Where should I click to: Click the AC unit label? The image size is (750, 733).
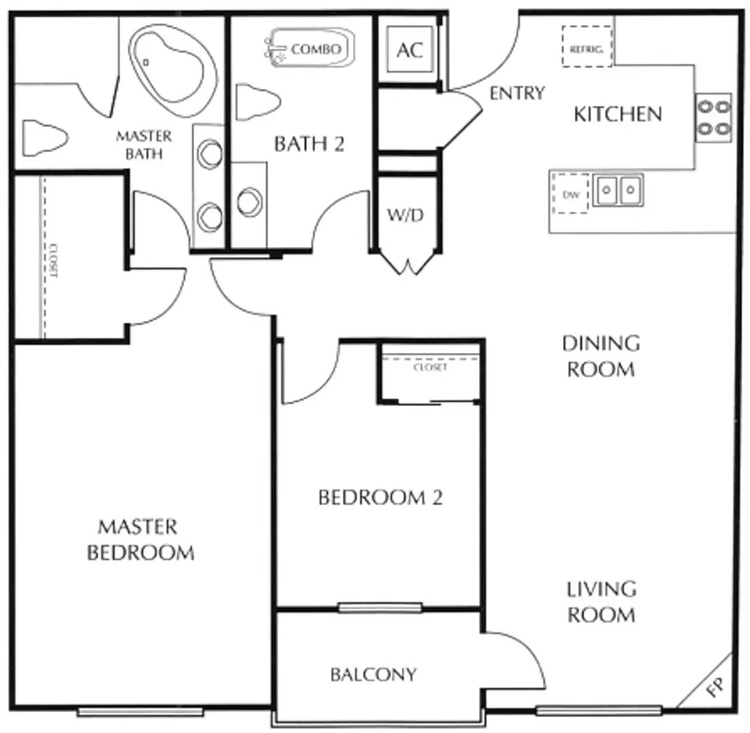pyautogui.click(x=411, y=50)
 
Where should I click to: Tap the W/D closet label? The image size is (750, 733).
pyautogui.click(x=405, y=215)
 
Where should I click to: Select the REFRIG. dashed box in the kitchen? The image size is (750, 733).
pyautogui.click(x=587, y=46)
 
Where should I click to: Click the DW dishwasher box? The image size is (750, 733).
pyautogui.click(x=570, y=193)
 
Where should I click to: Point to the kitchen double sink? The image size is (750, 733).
pyautogui.click(x=618, y=190)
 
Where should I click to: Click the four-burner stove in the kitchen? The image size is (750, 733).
pyautogui.click(x=713, y=117)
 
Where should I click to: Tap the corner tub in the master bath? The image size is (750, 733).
pyautogui.click(x=173, y=69)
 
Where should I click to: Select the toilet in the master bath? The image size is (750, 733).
pyautogui.click(x=45, y=138)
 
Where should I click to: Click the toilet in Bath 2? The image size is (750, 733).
pyautogui.click(x=258, y=102)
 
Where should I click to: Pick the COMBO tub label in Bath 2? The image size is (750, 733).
pyautogui.click(x=316, y=49)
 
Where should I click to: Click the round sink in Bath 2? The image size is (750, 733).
pyautogui.click(x=250, y=202)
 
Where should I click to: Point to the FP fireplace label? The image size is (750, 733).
pyautogui.click(x=715, y=687)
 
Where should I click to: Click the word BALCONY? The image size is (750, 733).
pyautogui.click(x=373, y=674)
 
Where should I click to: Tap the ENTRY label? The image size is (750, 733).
pyautogui.click(x=517, y=93)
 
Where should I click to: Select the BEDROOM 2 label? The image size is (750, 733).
pyautogui.click(x=380, y=497)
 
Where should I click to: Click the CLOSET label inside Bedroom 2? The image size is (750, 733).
pyautogui.click(x=430, y=367)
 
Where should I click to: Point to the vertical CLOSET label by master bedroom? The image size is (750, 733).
pyautogui.click(x=53, y=261)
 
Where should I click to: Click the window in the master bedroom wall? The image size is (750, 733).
pyautogui.click(x=140, y=712)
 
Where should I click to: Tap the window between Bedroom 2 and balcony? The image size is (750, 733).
pyautogui.click(x=380, y=607)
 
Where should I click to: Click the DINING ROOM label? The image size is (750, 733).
pyautogui.click(x=601, y=356)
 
